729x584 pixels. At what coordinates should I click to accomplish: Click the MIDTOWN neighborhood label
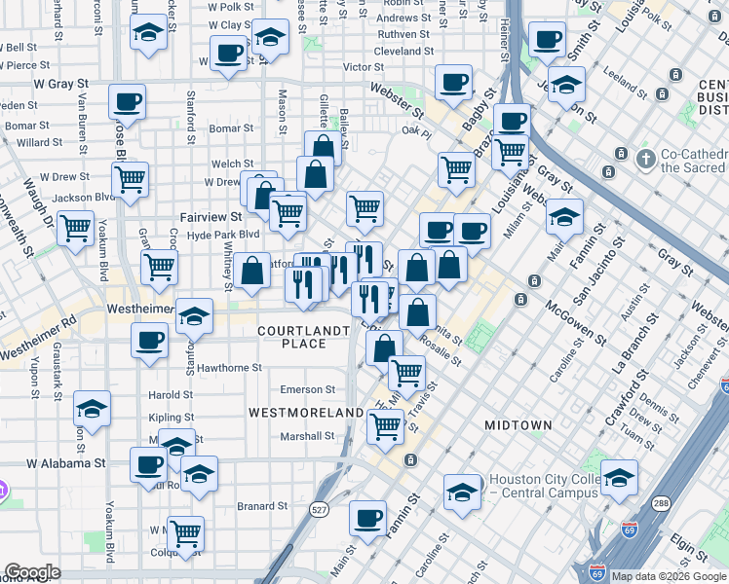point(518,425)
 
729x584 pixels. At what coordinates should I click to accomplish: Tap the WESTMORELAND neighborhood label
point(306,413)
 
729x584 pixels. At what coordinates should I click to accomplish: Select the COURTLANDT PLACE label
point(303,337)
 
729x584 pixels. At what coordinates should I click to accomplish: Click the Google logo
point(32,572)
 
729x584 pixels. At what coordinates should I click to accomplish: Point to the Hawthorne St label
point(229,368)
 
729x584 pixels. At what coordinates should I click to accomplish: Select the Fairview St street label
point(211,217)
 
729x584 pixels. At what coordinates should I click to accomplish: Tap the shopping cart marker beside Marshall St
point(386,424)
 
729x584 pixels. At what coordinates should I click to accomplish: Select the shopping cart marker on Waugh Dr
point(75,229)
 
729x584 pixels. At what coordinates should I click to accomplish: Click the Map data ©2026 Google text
point(669,576)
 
